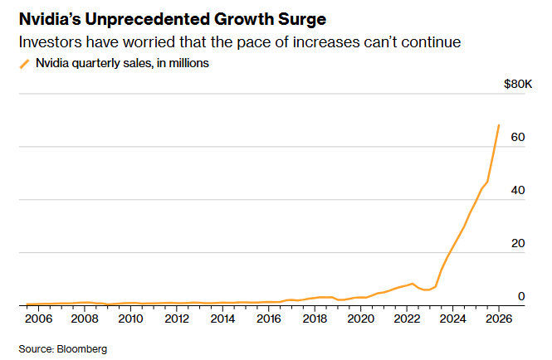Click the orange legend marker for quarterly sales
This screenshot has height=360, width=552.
click(x=24, y=63)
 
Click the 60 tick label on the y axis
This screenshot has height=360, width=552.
click(x=519, y=137)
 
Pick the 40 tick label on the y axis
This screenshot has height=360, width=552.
click(x=519, y=190)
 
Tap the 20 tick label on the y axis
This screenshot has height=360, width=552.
click(x=519, y=243)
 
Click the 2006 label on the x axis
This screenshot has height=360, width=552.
click(x=39, y=319)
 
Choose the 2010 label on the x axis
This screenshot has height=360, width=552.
click(x=130, y=319)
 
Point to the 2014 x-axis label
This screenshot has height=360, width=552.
click(x=222, y=319)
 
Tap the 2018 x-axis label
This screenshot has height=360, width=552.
click(x=315, y=319)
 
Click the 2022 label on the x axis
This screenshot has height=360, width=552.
click(x=406, y=319)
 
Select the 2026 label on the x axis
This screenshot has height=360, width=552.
click(x=498, y=319)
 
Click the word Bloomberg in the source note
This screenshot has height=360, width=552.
click(x=82, y=348)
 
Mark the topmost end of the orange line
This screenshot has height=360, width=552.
click(x=498, y=125)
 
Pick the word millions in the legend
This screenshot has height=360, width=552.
click(x=188, y=63)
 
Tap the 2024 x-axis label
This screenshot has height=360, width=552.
click(x=452, y=319)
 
